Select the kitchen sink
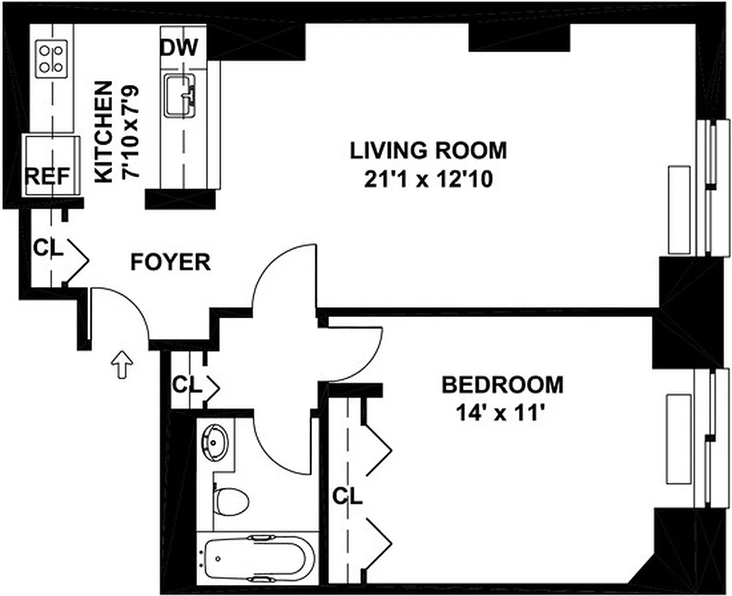(x=179, y=95)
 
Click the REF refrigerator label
(x=48, y=177)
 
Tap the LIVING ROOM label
(x=428, y=150)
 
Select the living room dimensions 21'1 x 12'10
(x=428, y=180)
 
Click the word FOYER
(x=170, y=262)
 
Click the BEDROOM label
(x=502, y=385)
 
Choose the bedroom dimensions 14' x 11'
(x=502, y=412)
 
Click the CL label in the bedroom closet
(x=347, y=495)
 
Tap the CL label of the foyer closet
(x=48, y=248)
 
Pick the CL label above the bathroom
(x=186, y=385)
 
